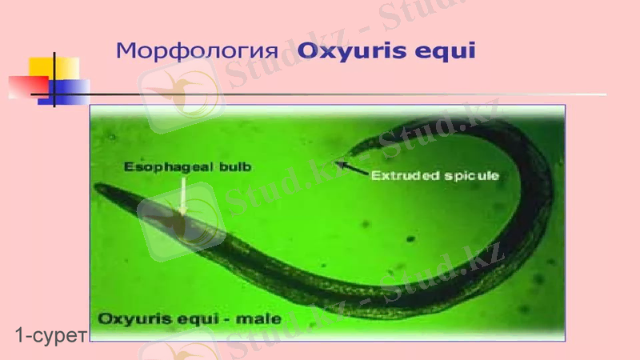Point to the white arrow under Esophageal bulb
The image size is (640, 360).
tap(183, 195)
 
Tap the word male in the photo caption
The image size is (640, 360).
tap(262, 318)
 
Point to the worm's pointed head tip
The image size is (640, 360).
tap(97, 188)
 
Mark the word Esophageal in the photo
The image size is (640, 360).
tap(156, 167)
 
